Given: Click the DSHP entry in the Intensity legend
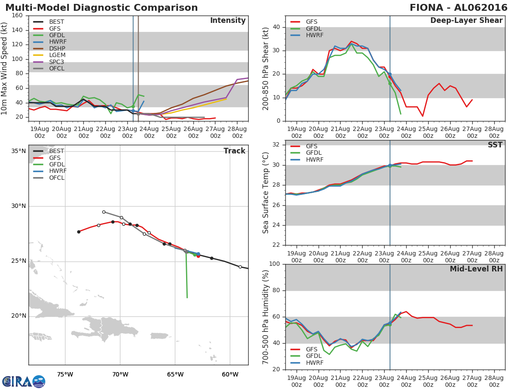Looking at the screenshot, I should tap(57, 48).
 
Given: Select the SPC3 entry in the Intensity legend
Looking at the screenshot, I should tap(57, 62).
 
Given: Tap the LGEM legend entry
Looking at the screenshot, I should tap(57, 55).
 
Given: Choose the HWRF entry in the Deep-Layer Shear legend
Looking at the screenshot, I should tap(314, 35).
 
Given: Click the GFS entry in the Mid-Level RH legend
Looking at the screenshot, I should tap(314, 349).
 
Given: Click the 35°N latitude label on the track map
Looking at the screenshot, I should tap(19, 151).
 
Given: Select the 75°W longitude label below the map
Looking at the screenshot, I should tap(65, 374).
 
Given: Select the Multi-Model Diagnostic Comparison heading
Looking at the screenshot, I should tap(101, 8).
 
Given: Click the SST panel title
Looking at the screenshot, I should tap(495, 145).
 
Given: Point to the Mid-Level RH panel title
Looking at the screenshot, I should tap(476, 269).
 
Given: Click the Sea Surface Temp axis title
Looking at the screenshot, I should tap(266, 193).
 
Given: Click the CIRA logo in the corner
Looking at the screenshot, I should tap(23, 381).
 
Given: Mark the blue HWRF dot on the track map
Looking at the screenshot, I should tap(198, 254).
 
